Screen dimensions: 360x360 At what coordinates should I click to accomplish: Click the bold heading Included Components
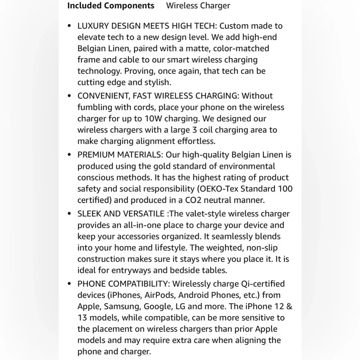coord(111,6)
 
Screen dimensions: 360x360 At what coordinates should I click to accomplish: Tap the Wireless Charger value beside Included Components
coord(198,6)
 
